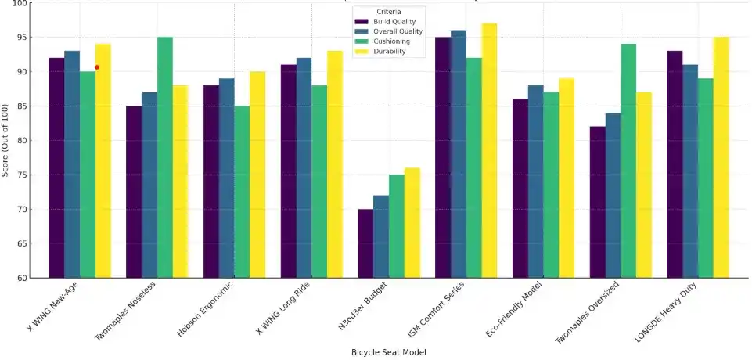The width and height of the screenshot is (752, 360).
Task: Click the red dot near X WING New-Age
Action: coord(97,67)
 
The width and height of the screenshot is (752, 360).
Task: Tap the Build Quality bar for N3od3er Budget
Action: coord(365,243)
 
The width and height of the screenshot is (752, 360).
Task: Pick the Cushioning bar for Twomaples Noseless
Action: coord(164,157)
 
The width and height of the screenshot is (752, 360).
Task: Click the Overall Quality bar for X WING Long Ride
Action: coord(304,167)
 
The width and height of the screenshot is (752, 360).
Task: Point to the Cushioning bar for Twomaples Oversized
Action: coord(628,160)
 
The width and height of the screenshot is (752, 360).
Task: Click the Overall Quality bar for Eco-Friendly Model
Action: coord(536,182)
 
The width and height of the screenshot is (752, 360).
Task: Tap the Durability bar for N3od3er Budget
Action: coord(412,223)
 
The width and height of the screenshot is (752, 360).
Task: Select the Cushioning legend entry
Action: coord(396,41)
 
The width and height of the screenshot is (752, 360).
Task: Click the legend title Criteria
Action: coord(389,12)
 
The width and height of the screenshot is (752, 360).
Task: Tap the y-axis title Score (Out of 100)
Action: coord(5,140)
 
